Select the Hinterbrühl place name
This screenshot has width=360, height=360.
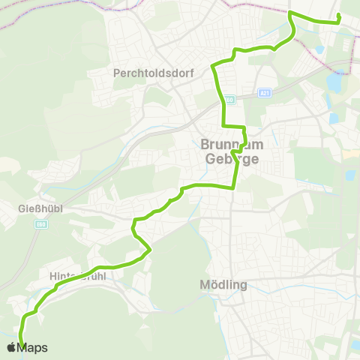76,276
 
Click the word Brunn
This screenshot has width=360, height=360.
217,145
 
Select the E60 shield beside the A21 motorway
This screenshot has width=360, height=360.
230,98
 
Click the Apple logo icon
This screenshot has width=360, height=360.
11,347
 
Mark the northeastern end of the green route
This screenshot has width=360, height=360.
340,16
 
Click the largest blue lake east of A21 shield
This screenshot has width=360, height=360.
337,79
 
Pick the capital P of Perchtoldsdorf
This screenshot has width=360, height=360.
116,73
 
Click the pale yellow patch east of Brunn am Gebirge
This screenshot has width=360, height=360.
349,153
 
